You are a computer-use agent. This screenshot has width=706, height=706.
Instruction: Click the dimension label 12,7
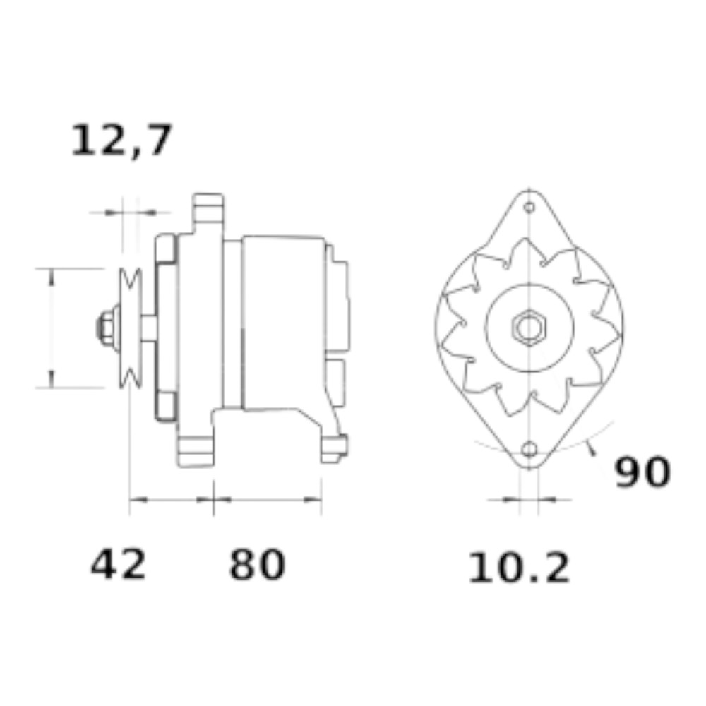click(x=121, y=140)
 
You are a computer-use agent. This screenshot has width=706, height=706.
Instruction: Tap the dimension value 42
click(x=119, y=563)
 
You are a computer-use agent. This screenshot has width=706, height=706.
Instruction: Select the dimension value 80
click(x=257, y=563)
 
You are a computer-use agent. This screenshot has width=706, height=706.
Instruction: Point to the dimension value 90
click(x=642, y=472)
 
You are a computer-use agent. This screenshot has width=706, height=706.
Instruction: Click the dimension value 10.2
click(x=519, y=568)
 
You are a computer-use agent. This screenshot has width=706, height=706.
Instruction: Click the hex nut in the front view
click(x=529, y=328)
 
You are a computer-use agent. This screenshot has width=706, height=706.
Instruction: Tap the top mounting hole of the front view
click(x=530, y=207)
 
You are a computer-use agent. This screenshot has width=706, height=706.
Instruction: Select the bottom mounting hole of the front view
click(x=529, y=449)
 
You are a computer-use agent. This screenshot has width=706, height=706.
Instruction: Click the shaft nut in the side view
click(x=107, y=328)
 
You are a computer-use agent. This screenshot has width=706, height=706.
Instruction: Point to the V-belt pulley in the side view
click(x=131, y=328)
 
